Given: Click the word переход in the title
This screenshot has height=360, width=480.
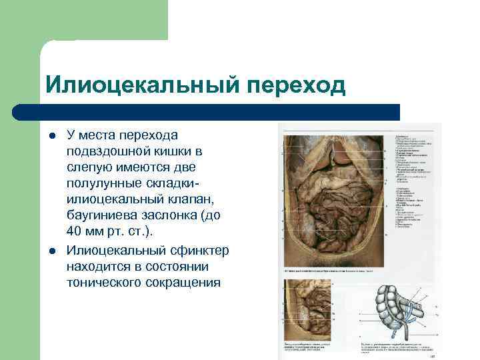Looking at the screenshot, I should (x=296, y=85).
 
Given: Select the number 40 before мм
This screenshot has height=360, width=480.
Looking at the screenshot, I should (x=74, y=231).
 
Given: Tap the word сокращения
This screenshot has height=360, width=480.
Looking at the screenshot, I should (x=187, y=283).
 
